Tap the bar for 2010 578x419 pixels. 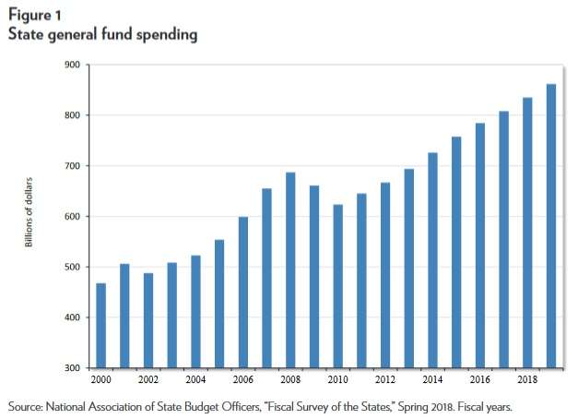(338, 286)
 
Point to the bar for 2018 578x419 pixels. (527, 232)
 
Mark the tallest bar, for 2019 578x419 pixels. (550, 226)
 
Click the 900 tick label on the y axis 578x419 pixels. (71, 65)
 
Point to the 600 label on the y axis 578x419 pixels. (71, 217)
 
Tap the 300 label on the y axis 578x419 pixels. (71, 368)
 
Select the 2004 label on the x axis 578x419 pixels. (195, 379)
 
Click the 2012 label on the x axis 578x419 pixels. (385, 379)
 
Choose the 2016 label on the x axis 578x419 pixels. (479, 379)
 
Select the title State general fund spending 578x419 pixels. (102, 35)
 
